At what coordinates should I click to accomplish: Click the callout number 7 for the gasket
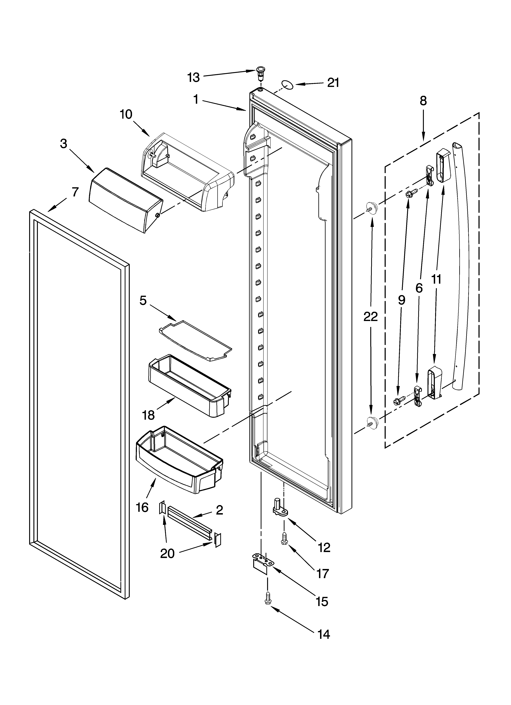coord(75,192)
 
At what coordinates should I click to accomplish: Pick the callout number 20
coord(167,554)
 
